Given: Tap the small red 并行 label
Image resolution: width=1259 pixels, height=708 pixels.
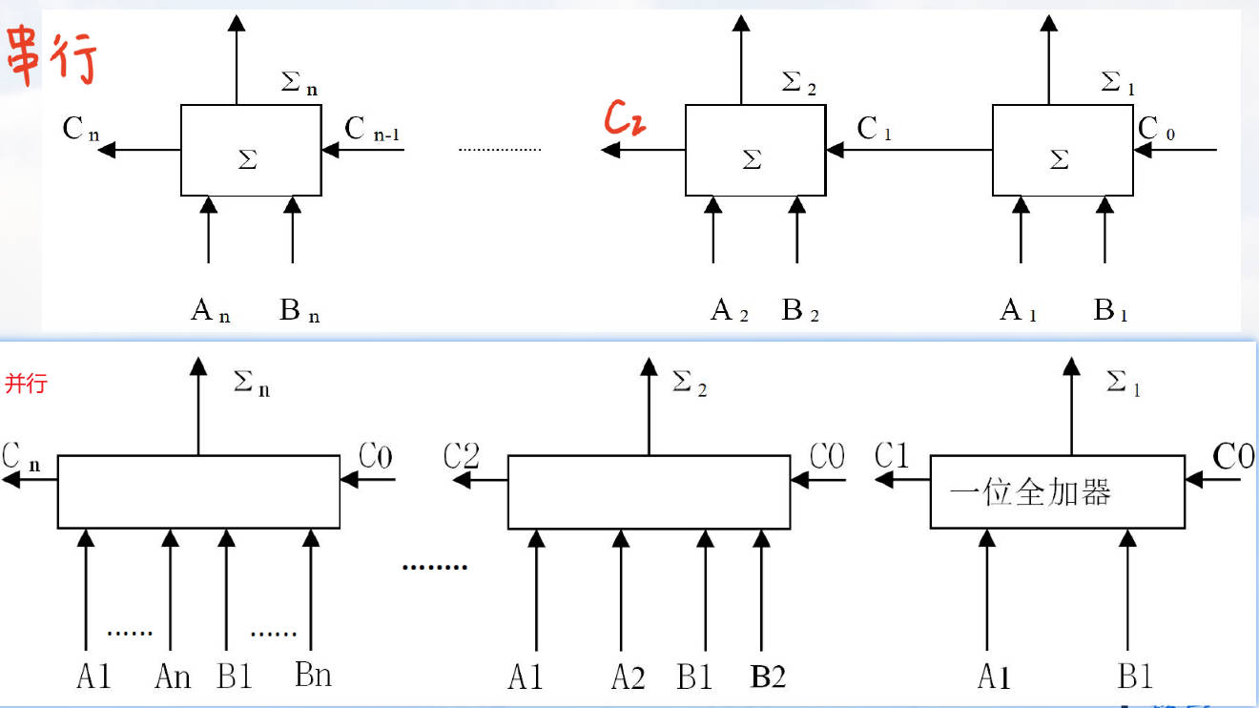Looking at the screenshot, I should [x=26, y=385].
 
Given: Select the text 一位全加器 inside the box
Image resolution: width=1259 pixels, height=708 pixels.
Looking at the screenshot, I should [x=1030, y=492].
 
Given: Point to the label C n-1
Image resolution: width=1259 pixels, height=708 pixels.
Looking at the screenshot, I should [x=372, y=130].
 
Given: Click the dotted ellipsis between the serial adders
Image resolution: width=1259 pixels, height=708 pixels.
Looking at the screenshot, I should [x=499, y=150].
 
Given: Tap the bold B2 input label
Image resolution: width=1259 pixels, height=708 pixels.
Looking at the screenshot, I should [x=769, y=677].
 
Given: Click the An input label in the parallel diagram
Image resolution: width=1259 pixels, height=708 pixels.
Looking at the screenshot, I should [x=173, y=677].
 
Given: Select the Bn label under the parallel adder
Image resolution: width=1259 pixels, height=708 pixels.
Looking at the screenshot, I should [x=313, y=676].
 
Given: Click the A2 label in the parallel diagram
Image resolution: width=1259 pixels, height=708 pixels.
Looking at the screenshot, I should [x=628, y=677].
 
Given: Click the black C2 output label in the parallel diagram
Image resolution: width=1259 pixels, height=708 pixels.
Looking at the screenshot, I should [x=462, y=457].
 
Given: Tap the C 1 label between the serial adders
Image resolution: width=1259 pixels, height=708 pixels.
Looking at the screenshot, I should [x=874, y=129].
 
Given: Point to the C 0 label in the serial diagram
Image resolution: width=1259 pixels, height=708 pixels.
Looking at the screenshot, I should [x=1157, y=129].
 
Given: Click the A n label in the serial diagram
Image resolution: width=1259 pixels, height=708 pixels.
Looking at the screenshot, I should [x=210, y=310].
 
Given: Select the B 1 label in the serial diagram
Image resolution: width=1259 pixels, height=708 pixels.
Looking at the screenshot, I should [x=1110, y=310].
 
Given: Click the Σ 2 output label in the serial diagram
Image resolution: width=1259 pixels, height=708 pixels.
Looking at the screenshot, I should [x=798, y=84].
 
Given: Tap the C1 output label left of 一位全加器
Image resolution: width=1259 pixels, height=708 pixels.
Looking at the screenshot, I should [x=892, y=457].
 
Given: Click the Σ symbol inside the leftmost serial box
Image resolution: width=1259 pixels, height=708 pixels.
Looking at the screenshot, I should [x=247, y=159].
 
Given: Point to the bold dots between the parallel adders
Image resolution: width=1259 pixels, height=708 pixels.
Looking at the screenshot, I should [x=434, y=567].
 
